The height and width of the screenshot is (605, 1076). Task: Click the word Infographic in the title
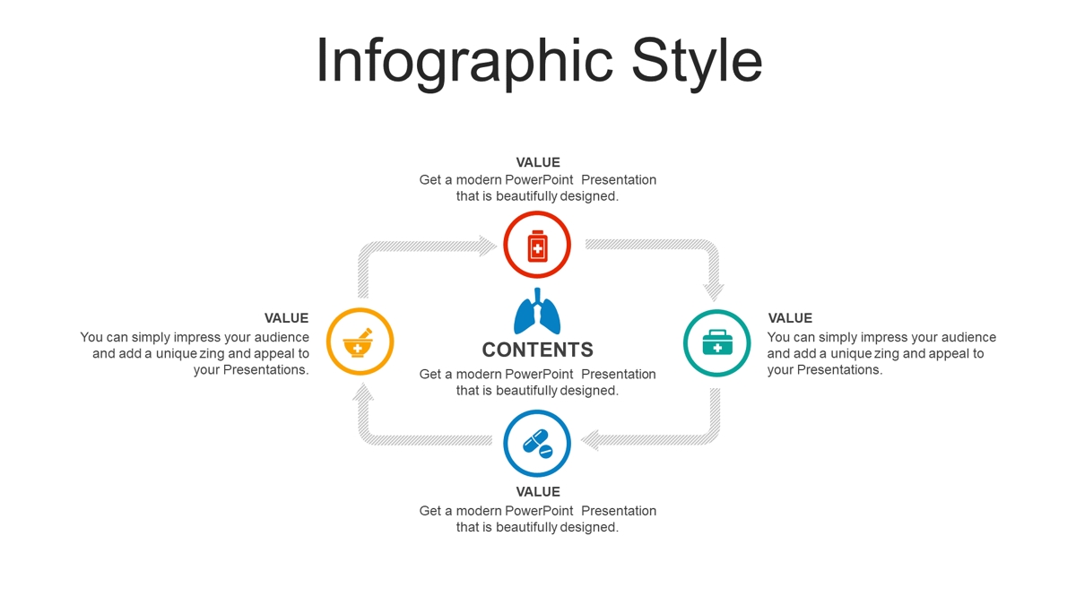pos(465,62)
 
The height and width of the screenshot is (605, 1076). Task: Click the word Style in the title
pos(697,62)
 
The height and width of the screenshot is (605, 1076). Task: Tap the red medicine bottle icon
pos(537,246)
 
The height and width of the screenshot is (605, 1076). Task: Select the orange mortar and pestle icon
pos(359,342)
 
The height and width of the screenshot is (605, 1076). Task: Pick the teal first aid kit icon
pos(717,341)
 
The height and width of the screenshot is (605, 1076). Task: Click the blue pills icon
pos(537,444)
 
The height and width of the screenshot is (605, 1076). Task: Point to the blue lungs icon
pos(537,311)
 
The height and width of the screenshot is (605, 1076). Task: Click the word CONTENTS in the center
pos(537,350)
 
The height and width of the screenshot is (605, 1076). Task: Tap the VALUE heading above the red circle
pos(538,162)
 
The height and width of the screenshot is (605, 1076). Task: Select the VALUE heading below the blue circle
pos(538,492)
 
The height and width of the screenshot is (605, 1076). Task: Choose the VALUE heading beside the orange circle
pos(286,318)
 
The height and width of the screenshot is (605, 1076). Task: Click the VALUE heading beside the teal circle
pos(790,318)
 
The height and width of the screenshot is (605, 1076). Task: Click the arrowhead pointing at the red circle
pos(487,246)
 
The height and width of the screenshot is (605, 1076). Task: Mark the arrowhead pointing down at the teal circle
pos(714,292)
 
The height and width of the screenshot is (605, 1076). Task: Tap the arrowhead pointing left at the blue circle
pos(590,440)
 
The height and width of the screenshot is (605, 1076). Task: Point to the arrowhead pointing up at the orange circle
pos(363,392)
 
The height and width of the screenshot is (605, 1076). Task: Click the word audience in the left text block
pos(282,337)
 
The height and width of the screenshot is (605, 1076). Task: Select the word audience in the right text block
pos(969,337)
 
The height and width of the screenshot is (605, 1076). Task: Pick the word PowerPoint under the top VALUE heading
pos(539,179)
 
